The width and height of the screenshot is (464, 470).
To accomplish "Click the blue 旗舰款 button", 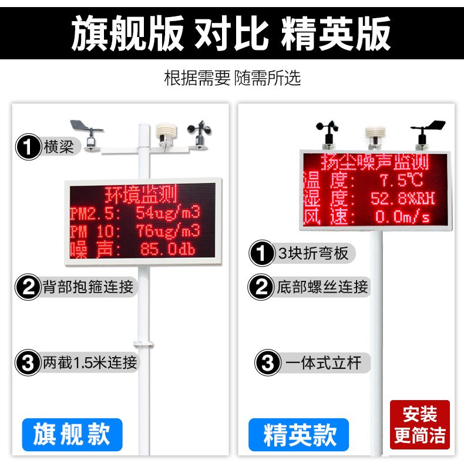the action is tap(72, 435).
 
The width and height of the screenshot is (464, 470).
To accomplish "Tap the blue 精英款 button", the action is tap(298, 435).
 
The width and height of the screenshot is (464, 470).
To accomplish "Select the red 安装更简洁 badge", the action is tap(419, 425).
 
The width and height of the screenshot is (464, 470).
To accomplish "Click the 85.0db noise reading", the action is tap(168, 249).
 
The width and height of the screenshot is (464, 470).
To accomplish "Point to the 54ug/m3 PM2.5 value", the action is tap(168, 212).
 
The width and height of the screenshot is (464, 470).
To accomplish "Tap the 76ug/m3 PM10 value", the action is tap(168, 231).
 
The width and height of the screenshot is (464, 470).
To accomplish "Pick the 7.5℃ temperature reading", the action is tap(401, 180).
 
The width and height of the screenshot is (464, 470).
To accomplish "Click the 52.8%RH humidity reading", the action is tap(402, 198).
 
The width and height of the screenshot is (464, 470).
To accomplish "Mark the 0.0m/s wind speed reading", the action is tap(402, 216).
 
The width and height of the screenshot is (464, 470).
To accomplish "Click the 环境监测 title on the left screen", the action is tap(141, 194).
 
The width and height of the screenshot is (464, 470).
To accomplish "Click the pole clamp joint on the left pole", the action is tap(143, 344).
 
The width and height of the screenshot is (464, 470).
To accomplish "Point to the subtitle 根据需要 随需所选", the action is tap(233, 78).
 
